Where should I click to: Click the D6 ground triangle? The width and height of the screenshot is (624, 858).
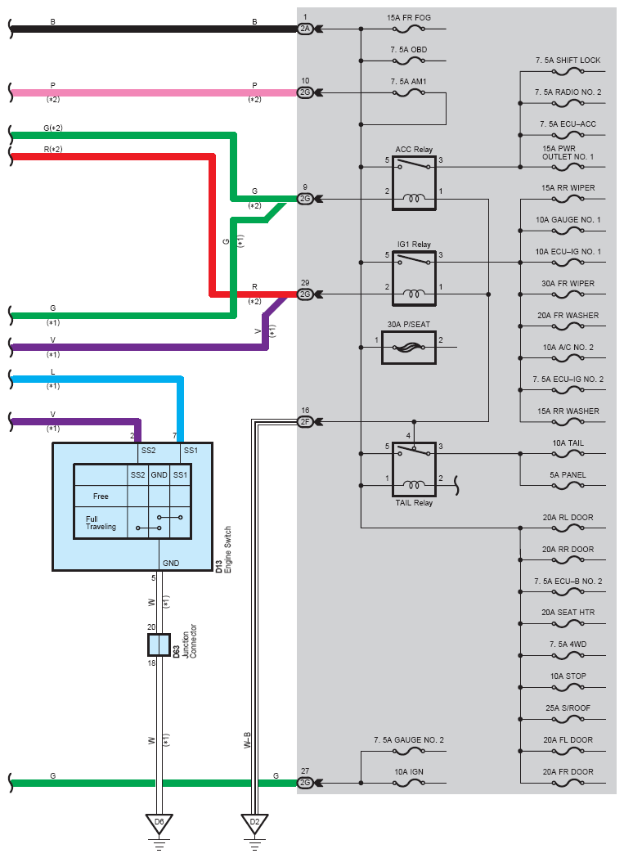coord(159,824)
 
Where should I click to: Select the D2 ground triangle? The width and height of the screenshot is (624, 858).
coord(254,824)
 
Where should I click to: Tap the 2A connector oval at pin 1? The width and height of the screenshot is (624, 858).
coord(305,29)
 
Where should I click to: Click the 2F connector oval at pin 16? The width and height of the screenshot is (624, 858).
coord(305,422)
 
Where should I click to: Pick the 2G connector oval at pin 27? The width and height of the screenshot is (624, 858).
coord(305,783)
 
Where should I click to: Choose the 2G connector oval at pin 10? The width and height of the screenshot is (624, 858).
coord(305,93)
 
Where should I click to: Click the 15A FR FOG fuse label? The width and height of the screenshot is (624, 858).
coord(409,17)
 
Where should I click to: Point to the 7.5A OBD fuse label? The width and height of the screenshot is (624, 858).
coord(409,49)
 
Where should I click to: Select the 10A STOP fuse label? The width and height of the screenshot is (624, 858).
coord(568,676)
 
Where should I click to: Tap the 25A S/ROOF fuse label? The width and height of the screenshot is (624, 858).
coord(568,708)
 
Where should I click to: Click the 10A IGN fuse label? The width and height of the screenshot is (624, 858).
coord(409,771)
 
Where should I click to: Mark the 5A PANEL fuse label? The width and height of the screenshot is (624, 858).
coord(568,475)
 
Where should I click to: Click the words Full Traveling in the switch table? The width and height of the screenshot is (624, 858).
coord(101,523)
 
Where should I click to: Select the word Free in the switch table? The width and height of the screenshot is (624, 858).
coord(101,496)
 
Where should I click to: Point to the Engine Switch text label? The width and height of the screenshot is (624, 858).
coord(227,550)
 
